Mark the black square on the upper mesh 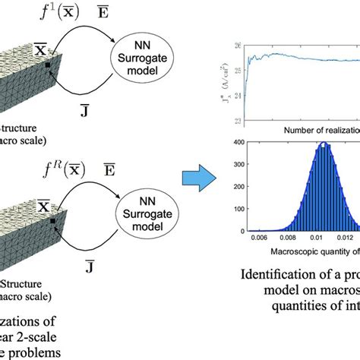47,66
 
